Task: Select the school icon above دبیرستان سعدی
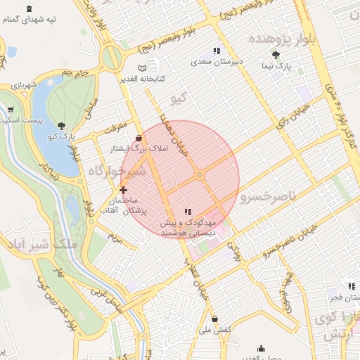coord(217,51)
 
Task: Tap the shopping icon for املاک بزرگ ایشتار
coord(139,138)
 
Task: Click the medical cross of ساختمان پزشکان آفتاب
coord(124,190)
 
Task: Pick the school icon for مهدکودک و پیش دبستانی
coord(187,211)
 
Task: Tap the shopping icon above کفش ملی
coord(214,319)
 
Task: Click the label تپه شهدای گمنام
coord(29,19)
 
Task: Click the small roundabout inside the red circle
coord(200,174)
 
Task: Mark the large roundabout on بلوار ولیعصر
coord(111,58)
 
